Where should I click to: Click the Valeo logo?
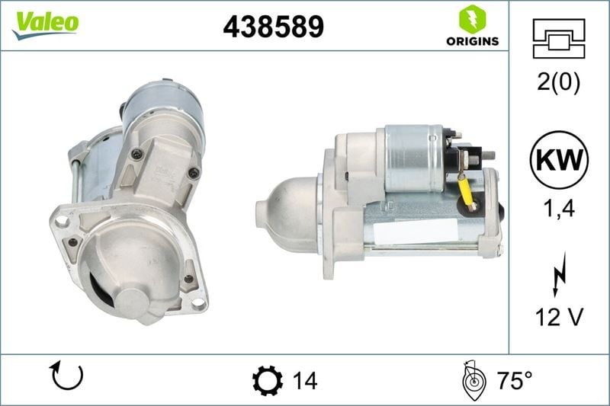click(x=46, y=25)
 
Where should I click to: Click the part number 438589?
click(x=273, y=27)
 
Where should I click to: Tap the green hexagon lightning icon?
click(x=472, y=19)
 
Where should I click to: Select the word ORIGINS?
click(x=472, y=41)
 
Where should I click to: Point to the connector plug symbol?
click(x=559, y=38)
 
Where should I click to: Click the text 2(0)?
click(x=558, y=82)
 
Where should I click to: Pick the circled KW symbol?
click(x=559, y=160)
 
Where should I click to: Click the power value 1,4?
click(x=559, y=209)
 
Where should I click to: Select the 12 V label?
click(x=559, y=317)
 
